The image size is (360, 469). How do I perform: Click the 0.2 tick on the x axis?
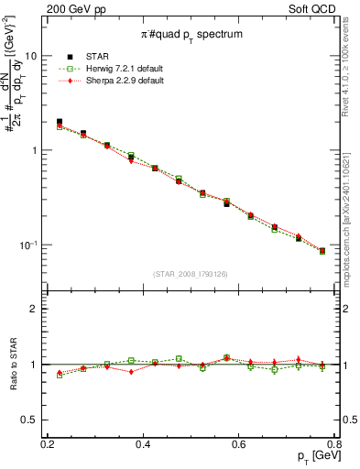pos(48,443)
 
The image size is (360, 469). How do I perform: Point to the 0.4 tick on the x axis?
pos(143,443)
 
